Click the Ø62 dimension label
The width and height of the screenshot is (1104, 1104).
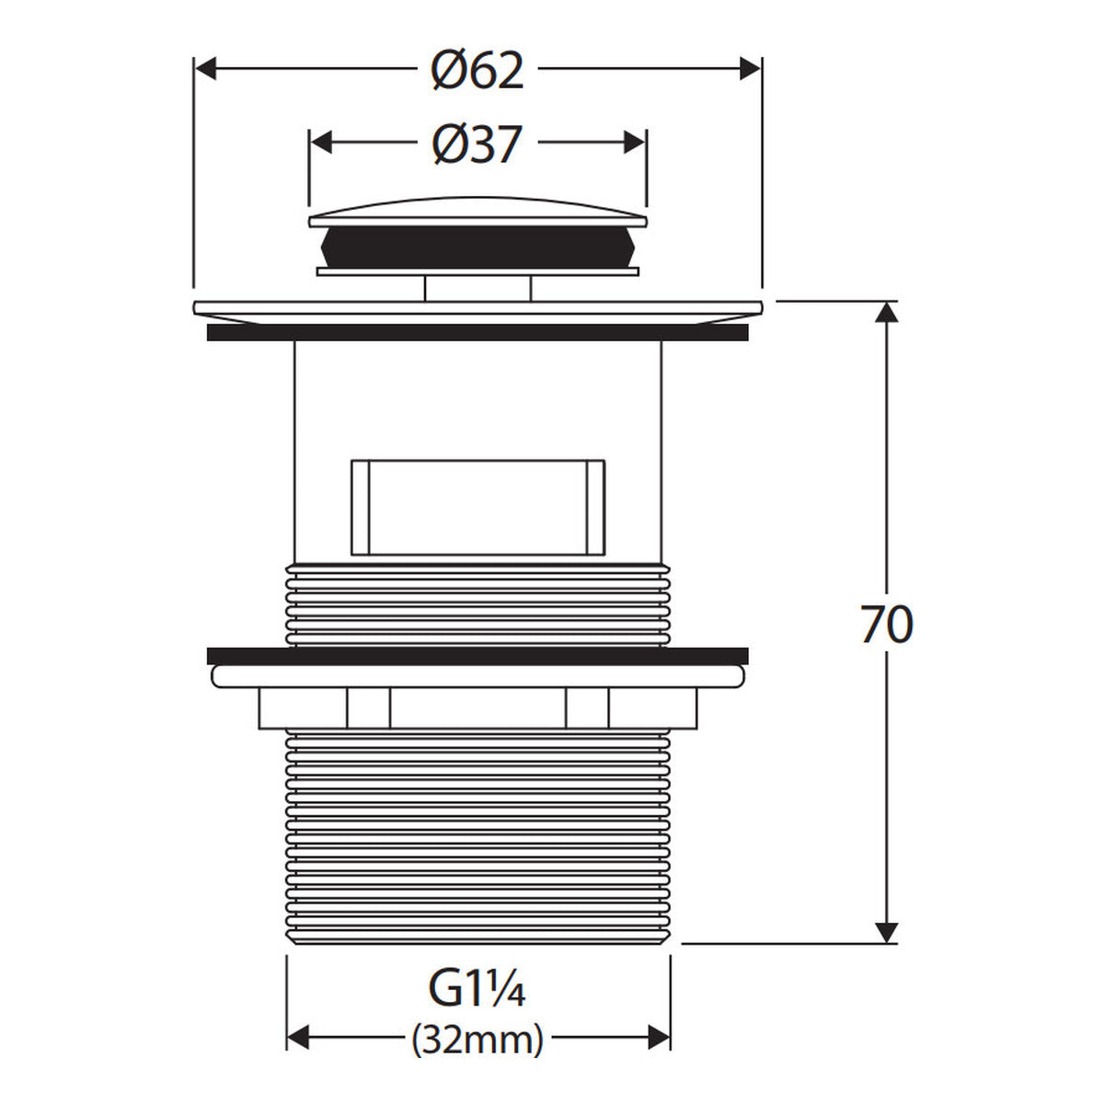click(x=477, y=71)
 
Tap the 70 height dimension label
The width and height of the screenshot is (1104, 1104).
click(x=887, y=625)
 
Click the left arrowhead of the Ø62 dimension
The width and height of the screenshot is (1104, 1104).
click(x=206, y=69)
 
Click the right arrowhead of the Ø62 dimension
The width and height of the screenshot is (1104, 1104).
click(x=750, y=69)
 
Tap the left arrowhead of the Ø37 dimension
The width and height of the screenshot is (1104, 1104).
click(x=321, y=142)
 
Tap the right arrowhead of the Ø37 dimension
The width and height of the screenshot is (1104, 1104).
click(x=635, y=142)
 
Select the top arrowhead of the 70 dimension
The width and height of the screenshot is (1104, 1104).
click(x=887, y=312)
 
